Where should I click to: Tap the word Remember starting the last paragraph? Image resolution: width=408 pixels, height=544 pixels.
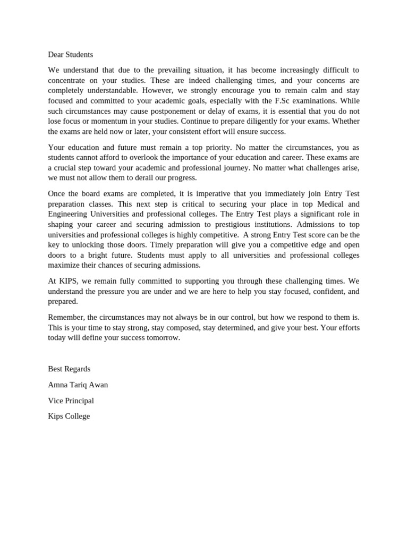[x=66, y=317]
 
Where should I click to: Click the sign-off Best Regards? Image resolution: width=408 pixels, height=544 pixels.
[x=69, y=369]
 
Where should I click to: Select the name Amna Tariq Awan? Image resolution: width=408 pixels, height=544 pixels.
[x=78, y=385]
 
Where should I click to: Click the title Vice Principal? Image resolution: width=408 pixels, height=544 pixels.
[x=71, y=401]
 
